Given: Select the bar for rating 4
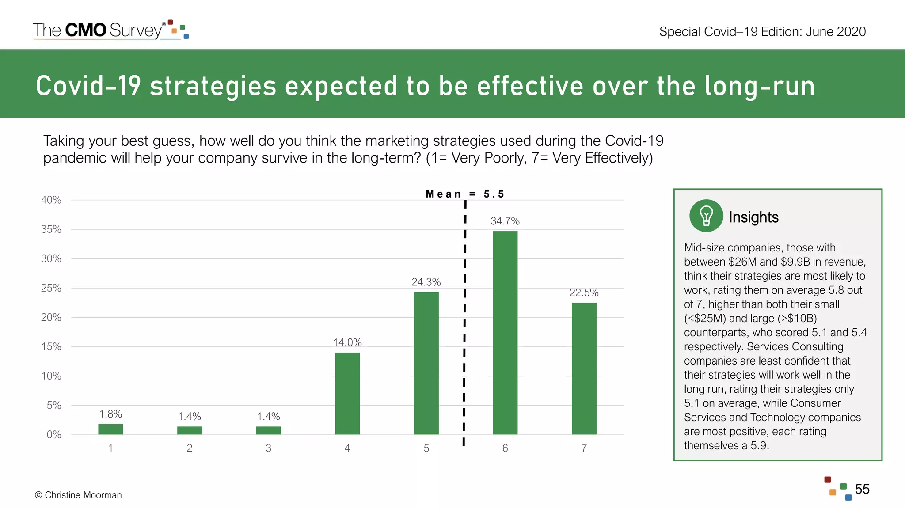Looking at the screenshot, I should pos(347,393).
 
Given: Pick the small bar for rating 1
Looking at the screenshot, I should pos(110,429).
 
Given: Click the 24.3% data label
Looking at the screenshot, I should pos(426,282).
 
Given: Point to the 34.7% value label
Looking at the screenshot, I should pos(505,221).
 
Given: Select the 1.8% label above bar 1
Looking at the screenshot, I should pos(110,414).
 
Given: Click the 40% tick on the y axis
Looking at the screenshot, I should pos(51,200).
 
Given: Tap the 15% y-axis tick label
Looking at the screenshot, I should pos(51,346).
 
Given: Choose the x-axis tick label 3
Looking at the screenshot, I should pos(268,448).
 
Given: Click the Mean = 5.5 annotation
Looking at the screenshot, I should pos(465,194).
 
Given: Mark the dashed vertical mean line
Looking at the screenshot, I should pos(464,323).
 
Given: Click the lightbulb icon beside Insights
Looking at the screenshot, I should pos(706,216).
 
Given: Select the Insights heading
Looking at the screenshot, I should pos(753,217).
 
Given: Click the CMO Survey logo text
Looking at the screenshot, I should pos(98,30).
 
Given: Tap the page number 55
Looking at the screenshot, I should pos(862,489).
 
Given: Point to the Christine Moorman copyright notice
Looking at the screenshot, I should pos(78,495).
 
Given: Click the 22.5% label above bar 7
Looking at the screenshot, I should pos(584,292).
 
